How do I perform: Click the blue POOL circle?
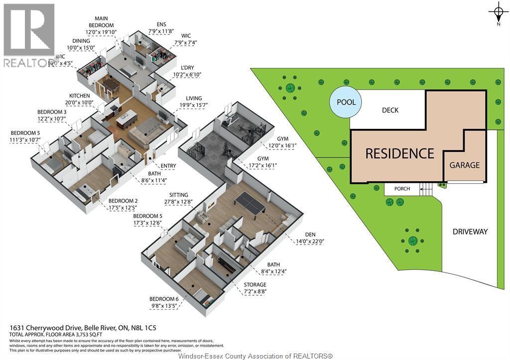click(346, 103)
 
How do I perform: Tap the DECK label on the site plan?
click(390, 110)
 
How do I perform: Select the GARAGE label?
click(464, 165)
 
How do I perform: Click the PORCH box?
click(402, 189)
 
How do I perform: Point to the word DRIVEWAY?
click(470, 232)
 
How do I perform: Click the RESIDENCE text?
click(399, 153)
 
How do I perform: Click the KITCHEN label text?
click(80, 96)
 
